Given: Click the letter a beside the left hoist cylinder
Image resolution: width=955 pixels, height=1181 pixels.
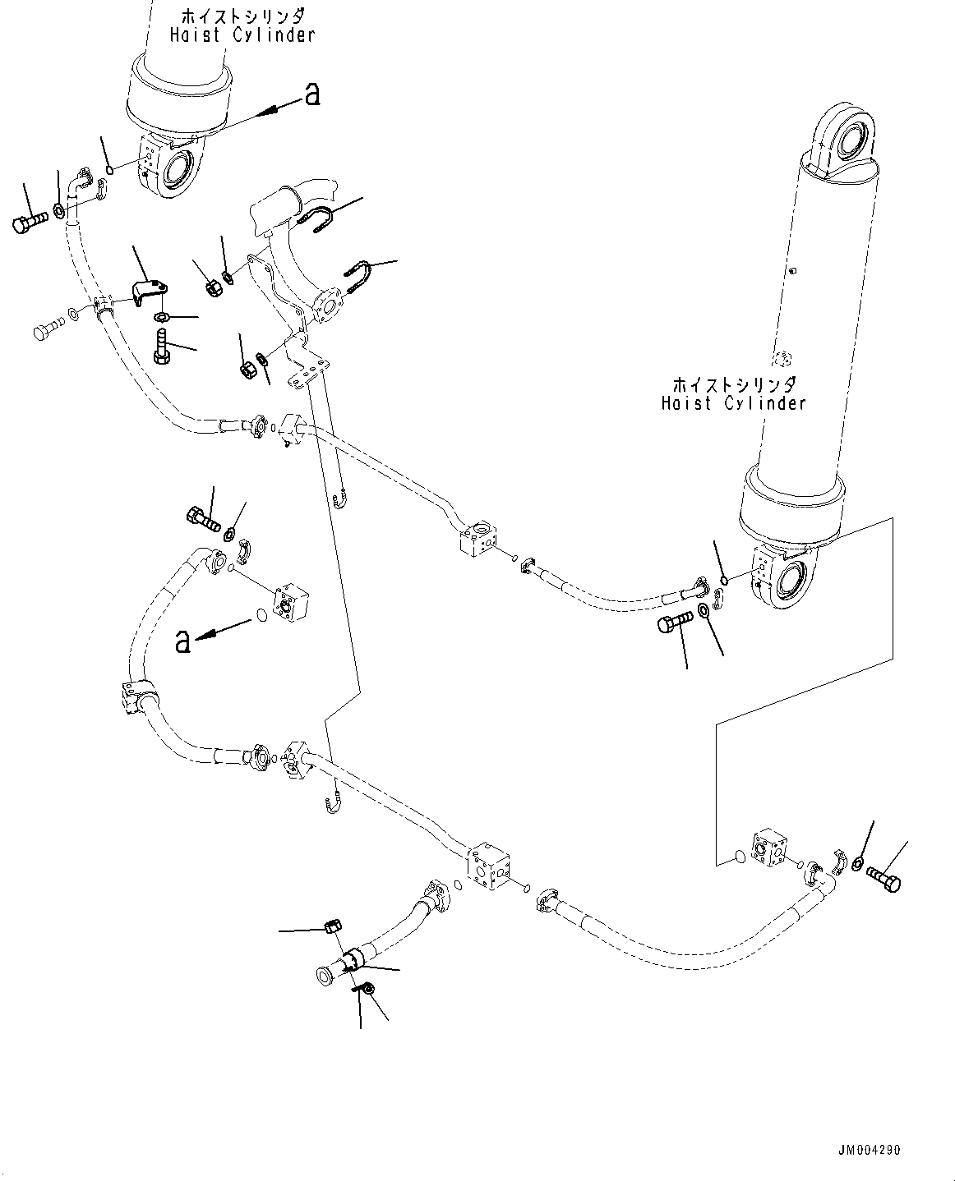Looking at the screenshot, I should (311, 95).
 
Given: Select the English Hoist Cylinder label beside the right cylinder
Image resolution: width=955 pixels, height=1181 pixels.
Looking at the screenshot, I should (733, 403).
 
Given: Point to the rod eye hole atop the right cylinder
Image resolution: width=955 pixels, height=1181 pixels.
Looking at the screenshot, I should (851, 138).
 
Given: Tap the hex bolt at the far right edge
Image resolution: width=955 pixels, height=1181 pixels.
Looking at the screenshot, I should (884, 880).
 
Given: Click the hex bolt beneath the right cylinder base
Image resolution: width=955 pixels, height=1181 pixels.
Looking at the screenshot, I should (675, 626).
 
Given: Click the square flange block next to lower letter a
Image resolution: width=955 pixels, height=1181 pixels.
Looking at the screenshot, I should (288, 604).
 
